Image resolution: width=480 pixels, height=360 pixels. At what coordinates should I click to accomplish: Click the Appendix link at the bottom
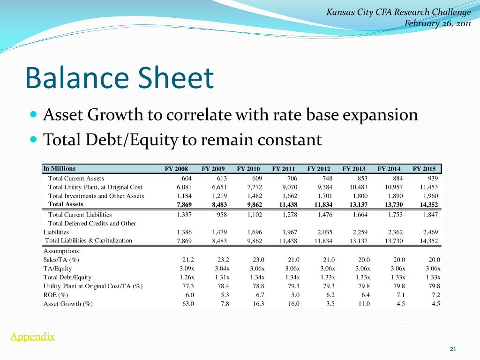click(x=32, y=337)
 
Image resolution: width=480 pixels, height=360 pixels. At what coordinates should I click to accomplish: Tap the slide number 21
click(x=453, y=349)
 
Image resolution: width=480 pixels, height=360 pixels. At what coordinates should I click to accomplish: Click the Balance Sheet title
click(x=119, y=78)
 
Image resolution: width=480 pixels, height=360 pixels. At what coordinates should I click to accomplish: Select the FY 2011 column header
click(x=283, y=169)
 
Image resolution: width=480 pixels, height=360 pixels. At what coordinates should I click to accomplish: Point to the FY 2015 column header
click(x=424, y=169)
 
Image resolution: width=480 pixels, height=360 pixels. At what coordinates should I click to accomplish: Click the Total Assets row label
click(x=66, y=204)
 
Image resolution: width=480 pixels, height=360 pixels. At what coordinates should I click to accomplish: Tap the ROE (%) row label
click(x=56, y=295)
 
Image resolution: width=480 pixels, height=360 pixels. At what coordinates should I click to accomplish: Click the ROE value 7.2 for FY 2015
click(x=435, y=295)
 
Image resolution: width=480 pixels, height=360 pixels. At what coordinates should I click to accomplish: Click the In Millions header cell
click(x=59, y=169)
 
